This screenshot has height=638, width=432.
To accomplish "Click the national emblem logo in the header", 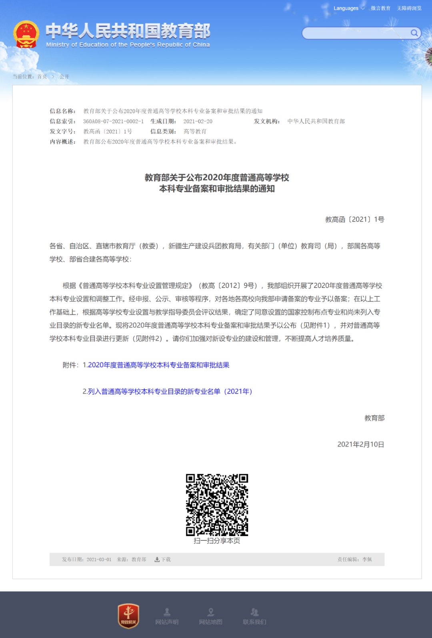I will click(x=26, y=34).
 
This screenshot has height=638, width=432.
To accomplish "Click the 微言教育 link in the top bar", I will click(x=380, y=8).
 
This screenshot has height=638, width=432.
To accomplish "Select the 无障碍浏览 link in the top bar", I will click(x=409, y=8).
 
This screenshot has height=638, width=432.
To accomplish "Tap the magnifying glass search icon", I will click(x=414, y=33).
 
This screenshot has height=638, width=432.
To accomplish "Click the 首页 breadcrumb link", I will click(x=42, y=77).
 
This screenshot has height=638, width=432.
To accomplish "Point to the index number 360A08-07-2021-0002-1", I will click(x=113, y=121).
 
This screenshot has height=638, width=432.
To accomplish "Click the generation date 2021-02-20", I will click(x=198, y=121).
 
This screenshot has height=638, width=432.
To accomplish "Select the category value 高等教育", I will click(x=195, y=132).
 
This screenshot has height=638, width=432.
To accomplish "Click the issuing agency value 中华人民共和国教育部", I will click(x=316, y=121).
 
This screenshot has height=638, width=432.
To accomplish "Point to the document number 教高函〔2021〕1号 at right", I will click(x=354, y=220).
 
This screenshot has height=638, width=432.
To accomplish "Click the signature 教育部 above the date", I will click(x=374, y=418).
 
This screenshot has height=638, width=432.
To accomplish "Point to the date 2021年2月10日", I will click(x=360, y=444).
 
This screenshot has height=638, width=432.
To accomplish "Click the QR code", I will click(x=217, y=505).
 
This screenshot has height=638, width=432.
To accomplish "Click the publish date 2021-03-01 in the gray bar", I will click(x=99, y=560).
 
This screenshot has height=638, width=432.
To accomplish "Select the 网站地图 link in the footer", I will click(x=211, y=616).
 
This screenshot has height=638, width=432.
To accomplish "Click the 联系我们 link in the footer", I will click(x=254, y=616).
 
